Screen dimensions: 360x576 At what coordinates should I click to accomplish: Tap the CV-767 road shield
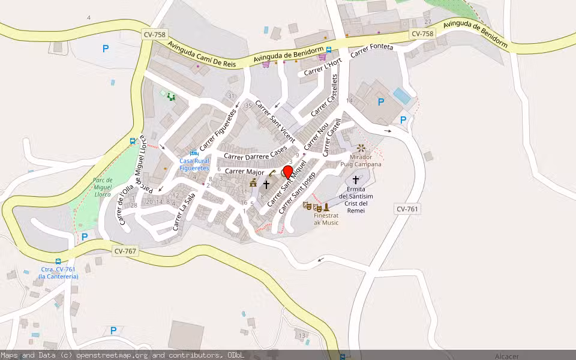(125, 251)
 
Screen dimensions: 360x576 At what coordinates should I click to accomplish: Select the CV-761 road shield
(407, 209)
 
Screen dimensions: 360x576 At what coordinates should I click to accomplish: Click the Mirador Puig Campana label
(361, 160)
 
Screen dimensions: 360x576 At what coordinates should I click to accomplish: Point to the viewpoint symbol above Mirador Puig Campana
(361, 147)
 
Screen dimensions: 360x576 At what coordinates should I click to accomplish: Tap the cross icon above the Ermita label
(356, 179)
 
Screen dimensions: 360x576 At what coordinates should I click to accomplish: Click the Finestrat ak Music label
(326, 219)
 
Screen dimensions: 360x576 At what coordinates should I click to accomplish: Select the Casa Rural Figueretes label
(194, 164)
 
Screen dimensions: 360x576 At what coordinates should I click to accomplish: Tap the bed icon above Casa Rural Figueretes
(194, 153)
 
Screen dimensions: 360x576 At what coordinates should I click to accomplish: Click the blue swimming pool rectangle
(402, 95)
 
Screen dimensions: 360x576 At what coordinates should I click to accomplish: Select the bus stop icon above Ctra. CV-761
(58, 262)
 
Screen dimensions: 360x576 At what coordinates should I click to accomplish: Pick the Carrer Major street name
(244, 172)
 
